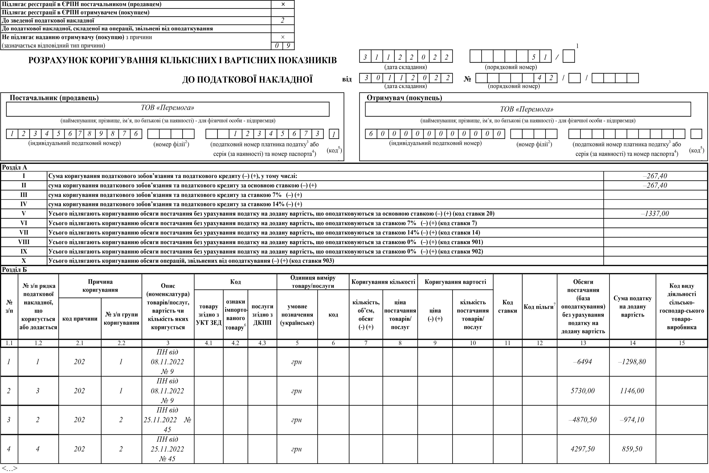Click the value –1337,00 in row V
tap(655, 214)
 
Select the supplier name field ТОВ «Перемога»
tap(167, 108)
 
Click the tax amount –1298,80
tap(632, 362)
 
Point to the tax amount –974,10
tap(632, 420)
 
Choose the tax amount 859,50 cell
tap(632, 449)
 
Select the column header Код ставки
tap(507, 307)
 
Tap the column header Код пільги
tap(539, 307)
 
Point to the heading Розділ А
tap(15, 167)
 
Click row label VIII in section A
tap(24, 242)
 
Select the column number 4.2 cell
tap(235, 343)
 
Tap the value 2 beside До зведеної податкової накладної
tap(283, 21)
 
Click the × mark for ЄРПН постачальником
tap(283, 4)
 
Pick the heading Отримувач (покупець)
tap(404, 98)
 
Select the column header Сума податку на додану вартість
tap(632, 307)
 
